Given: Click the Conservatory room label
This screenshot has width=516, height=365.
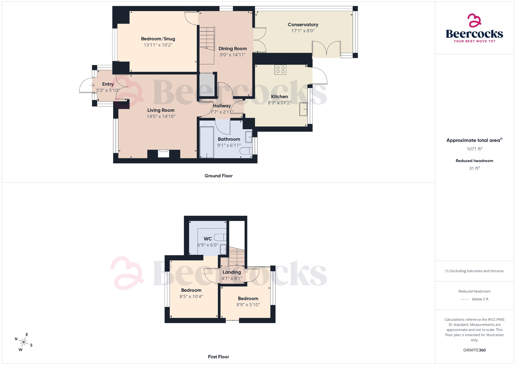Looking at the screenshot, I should pos(303,25).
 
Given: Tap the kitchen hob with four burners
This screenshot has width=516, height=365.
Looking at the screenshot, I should pos(280,70).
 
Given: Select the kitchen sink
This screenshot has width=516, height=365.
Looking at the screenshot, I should pos(303,109).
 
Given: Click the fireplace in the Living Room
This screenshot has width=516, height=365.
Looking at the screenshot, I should pos(164,153).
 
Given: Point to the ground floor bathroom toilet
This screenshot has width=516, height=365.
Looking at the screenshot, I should pos(246,151).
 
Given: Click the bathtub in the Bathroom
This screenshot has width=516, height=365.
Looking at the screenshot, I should pos(207,142).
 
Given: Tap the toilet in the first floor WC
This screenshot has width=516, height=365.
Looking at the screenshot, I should pos(220,237).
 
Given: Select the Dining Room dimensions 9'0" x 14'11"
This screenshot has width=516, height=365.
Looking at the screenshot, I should pos(233,55).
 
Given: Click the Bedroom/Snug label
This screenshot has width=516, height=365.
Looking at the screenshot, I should pos(158,39).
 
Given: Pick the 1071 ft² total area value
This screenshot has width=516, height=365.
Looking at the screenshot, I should pos(474,149).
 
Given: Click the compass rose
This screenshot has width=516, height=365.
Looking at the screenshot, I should pos(24,342).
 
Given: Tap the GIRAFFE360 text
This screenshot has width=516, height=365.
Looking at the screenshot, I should pos(474,350).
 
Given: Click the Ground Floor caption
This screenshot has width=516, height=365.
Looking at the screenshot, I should pos(218,176).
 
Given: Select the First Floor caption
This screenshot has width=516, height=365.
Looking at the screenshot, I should pos(218,357).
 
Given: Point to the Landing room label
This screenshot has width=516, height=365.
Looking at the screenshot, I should pos(232,272).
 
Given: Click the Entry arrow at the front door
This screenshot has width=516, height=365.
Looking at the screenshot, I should pos(92,85).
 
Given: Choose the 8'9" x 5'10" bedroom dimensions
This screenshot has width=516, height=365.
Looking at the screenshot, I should pos(248,305).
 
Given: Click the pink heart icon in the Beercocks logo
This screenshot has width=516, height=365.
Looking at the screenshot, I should pos(474,20).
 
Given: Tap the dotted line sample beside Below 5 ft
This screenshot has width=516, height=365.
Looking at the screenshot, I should pos(465,299).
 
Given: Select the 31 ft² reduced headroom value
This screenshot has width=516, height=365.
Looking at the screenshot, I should pos(474,168).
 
